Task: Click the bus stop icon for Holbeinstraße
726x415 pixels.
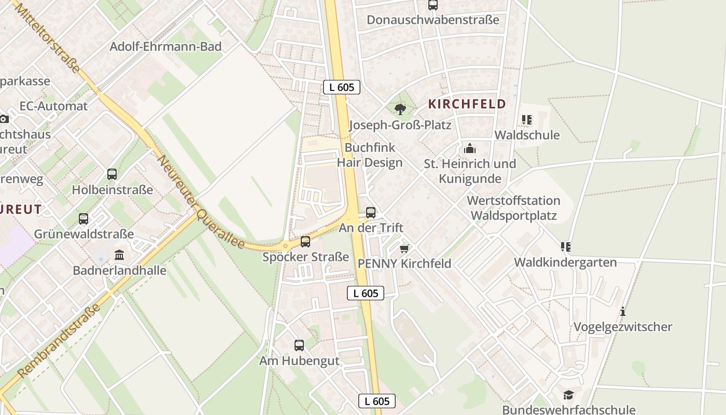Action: point(111,174)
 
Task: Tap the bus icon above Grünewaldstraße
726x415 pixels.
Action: point(83,219)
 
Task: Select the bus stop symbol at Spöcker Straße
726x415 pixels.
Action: point(305,241)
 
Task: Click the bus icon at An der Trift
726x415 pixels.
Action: point(371,212)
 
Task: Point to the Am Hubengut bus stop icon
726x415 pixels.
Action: point(299,345)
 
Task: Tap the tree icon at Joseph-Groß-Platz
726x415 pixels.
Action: point(400,109)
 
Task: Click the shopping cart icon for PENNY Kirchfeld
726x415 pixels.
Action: point(404,248)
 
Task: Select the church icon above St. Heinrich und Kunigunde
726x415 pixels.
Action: point(470,149)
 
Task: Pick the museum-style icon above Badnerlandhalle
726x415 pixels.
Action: point(119,255)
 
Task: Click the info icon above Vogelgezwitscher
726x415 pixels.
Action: point(622,312)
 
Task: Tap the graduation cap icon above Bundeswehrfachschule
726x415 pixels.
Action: point(568,395)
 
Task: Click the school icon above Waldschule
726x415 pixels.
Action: point(527,120)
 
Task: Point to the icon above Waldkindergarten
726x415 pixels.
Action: point(565,247)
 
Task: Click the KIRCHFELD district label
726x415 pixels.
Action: point(467,104)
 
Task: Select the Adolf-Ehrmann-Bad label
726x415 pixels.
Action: point(165,47)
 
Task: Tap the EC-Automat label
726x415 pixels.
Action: point(53,106)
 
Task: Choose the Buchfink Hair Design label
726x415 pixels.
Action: point(370,155)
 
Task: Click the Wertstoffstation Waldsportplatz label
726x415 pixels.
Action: point(513,208)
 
